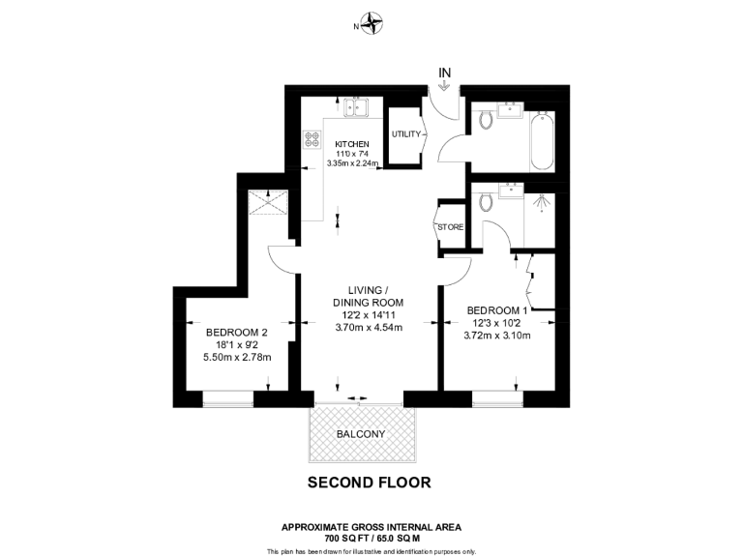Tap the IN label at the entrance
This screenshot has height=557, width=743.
[445, 72]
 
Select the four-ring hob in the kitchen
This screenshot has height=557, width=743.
[313, 140]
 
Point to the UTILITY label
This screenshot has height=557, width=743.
[405, 134]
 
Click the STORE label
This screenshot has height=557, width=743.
[450, 227]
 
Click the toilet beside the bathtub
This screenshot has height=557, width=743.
[487, 120]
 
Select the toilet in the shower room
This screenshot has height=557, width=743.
[488, 201]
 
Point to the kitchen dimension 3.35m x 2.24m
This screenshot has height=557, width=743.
[352, 163]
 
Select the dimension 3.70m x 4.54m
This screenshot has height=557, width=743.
[368, 327]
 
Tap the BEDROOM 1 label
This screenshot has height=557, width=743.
[497, 310]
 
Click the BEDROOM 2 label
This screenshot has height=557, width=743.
[236, 332]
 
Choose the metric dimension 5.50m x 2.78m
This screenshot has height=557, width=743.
[236, 357]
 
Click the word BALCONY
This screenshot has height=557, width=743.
[361, 434]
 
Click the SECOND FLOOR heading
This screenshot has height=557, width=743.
[369, 482]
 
